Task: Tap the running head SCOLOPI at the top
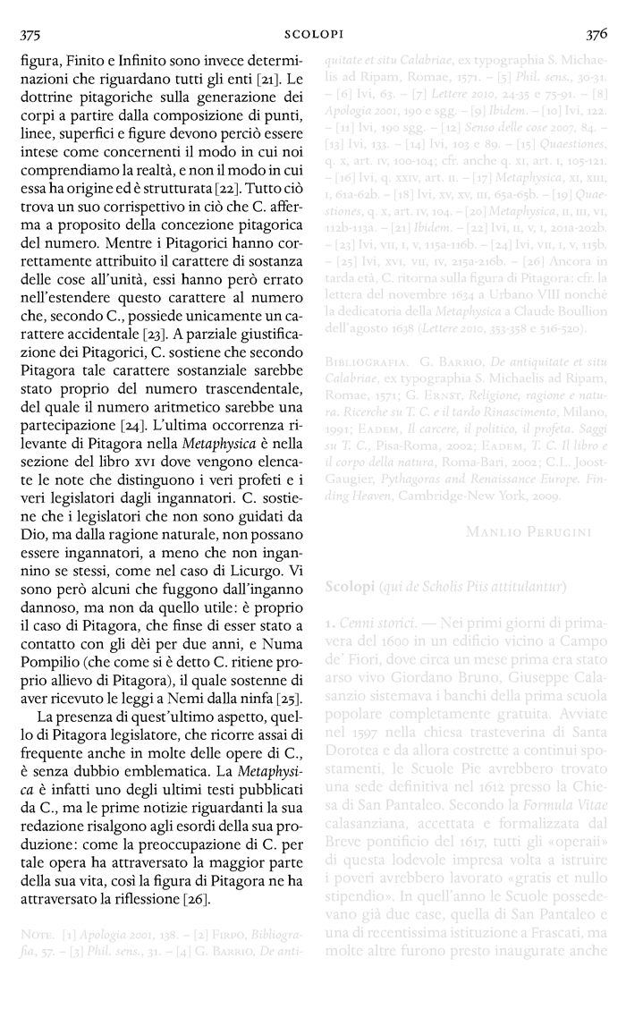point(313,35)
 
